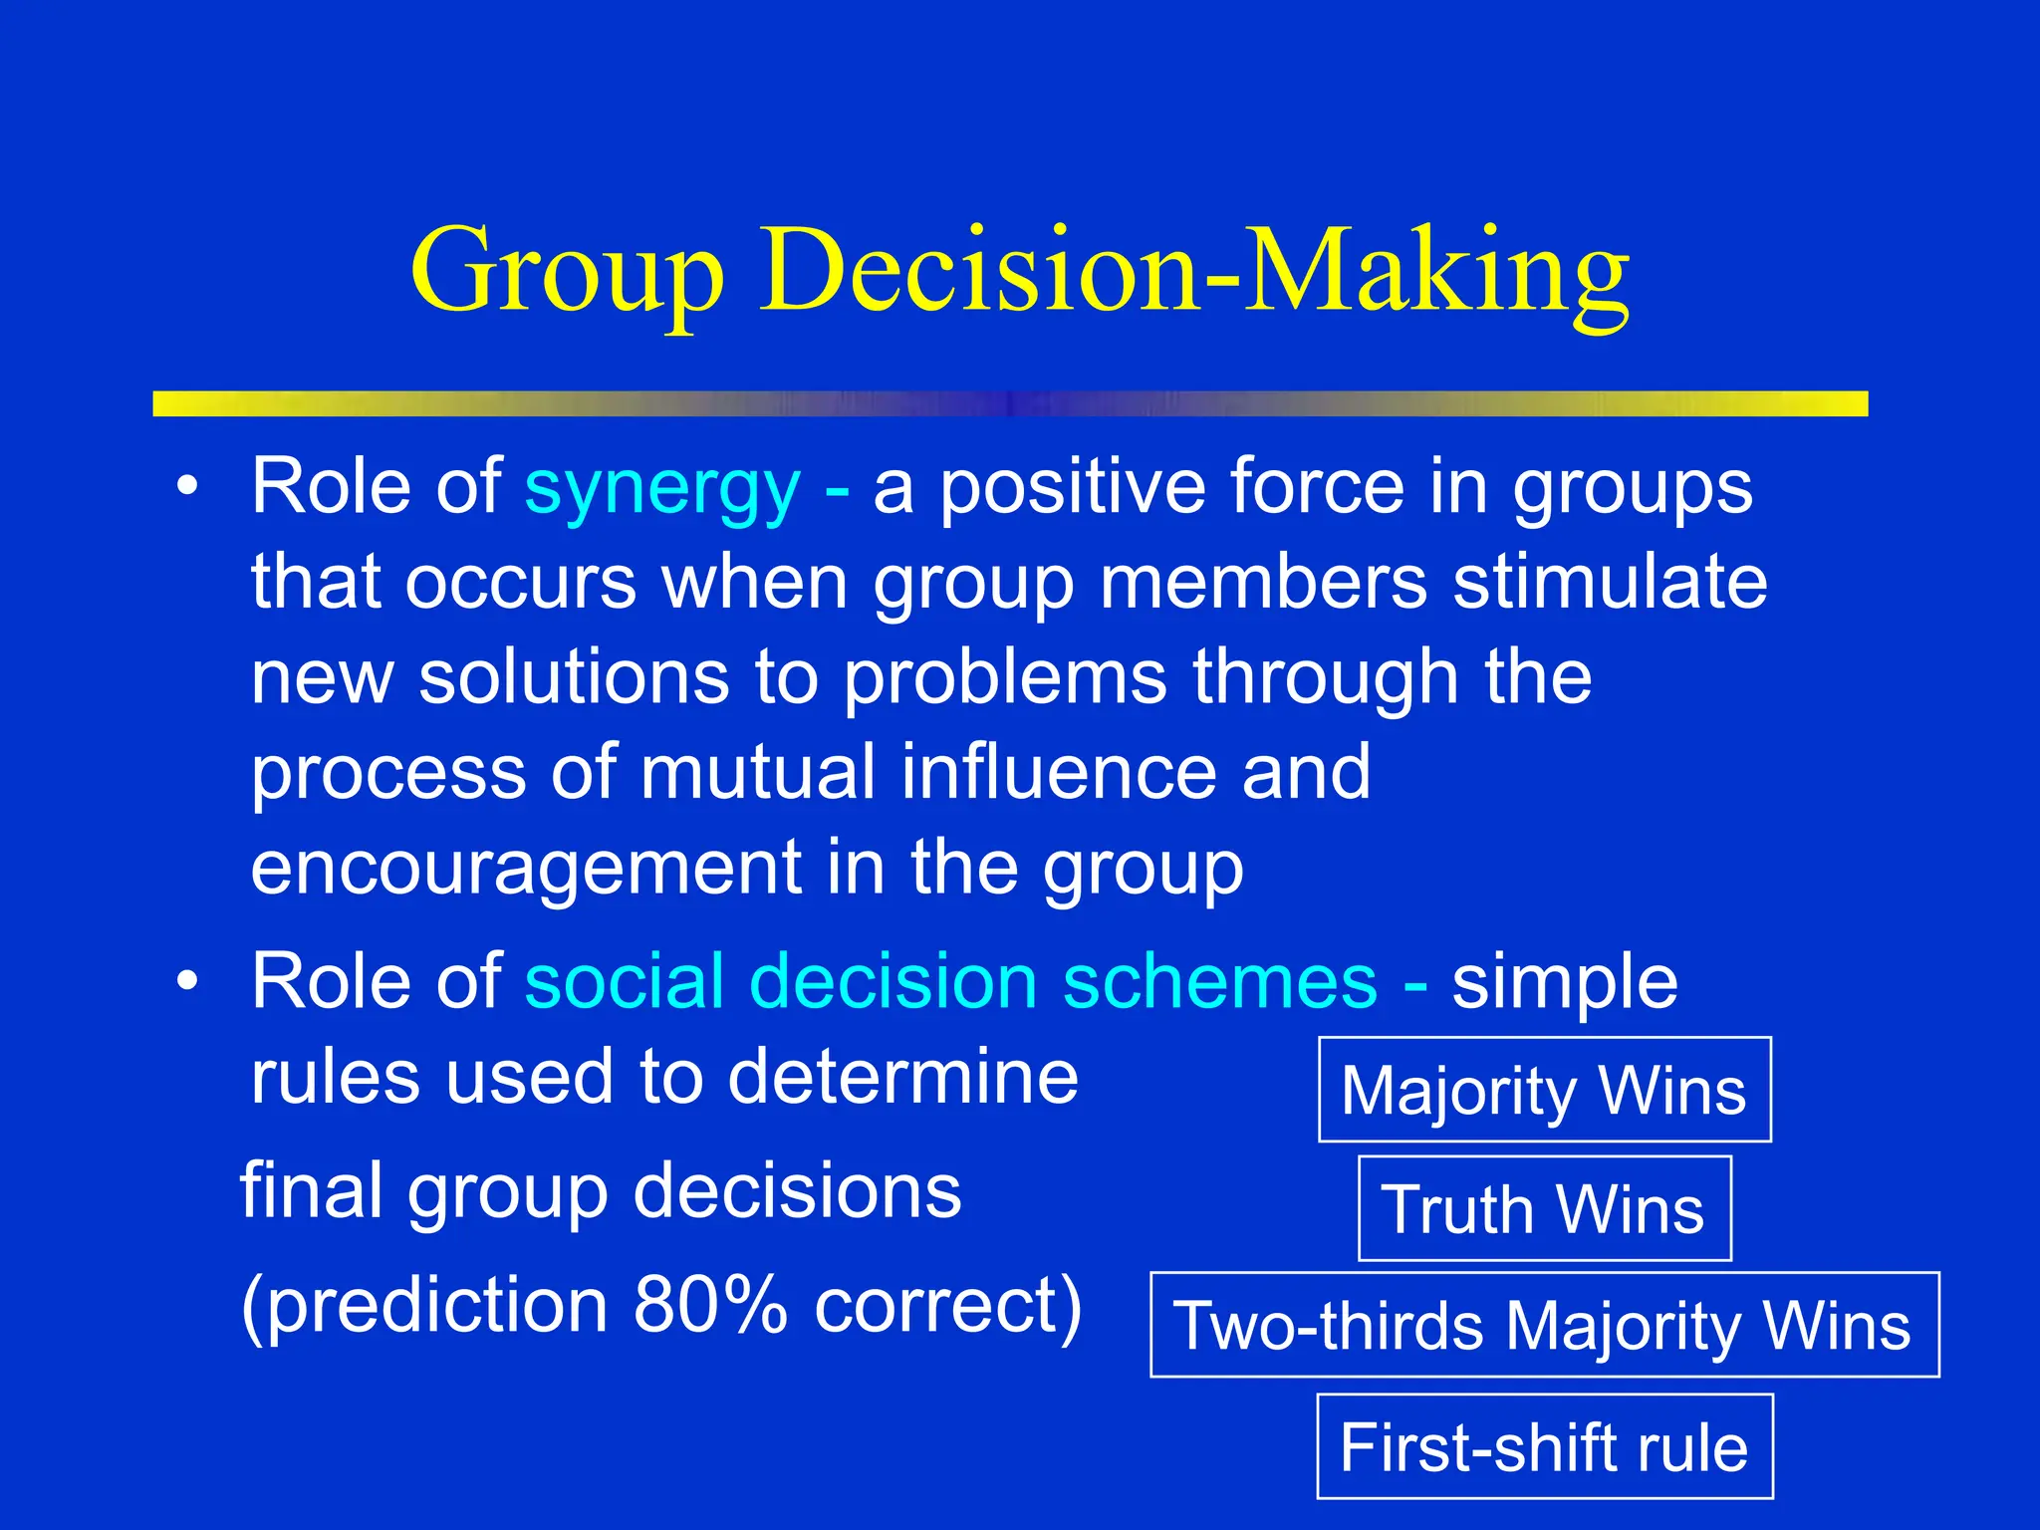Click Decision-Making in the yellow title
(x=1195, y=271)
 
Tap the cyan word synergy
(x=662, y=488)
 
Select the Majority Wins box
(x=1544, y=1090)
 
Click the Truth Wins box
(x=1544, y=1208)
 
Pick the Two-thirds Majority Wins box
(x=1544, y=1325)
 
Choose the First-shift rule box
(x=1544, y=1446)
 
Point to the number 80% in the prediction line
(x=710, y=1305)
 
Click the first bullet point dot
(x=187, y=487)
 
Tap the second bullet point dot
(x=187, y=981)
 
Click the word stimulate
(x=1610, y=582)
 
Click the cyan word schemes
(x=1220, y=982)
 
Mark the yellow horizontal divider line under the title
(x=1010, y=403)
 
